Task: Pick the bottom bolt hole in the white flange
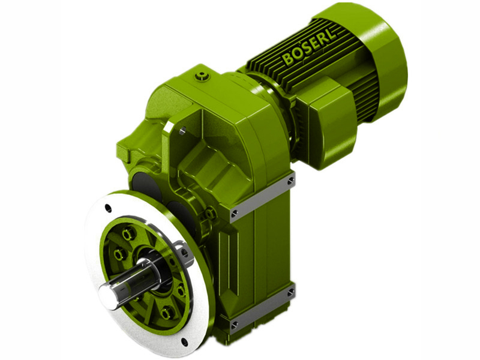point(184,343)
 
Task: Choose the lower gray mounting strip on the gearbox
point(262,310)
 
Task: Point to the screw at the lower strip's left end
point(234,326)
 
